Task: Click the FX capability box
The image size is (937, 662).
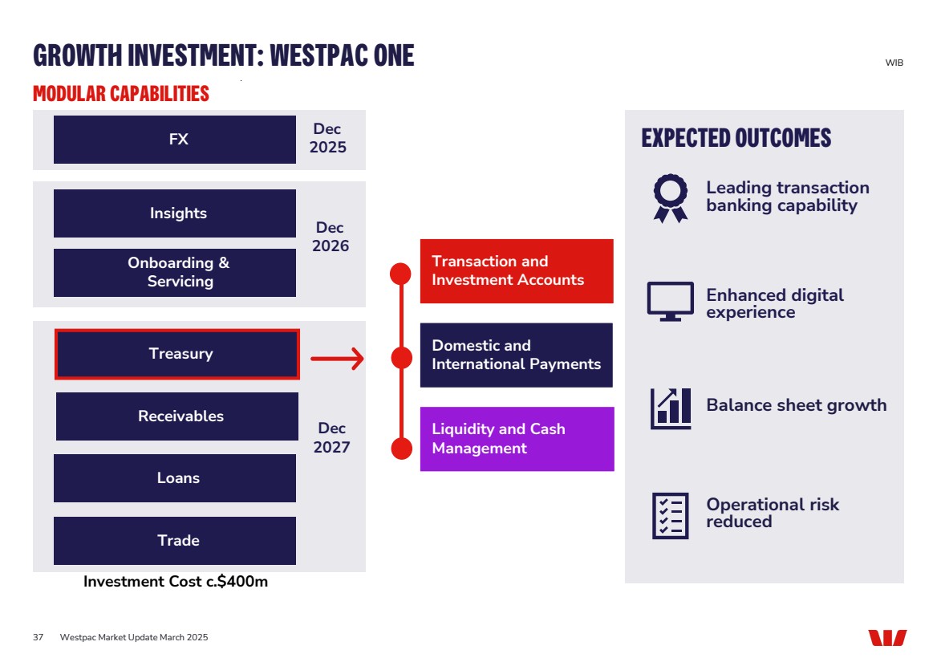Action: point(175,140)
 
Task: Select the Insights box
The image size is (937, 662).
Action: point(175,213)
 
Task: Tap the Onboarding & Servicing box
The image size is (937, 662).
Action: point(175,272)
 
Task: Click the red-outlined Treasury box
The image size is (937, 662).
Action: point(176,354)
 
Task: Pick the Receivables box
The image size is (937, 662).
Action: point(177,416)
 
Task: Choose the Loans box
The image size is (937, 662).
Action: point(175,478)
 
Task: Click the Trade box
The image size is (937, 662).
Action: point(175,541)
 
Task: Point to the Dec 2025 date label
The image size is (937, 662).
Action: point(328,138)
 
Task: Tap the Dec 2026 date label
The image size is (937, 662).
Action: point(331,237)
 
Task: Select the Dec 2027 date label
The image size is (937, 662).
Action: point(331,437)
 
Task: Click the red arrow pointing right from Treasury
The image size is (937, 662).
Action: point(338,359)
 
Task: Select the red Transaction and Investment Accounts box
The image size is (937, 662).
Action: point(517,271)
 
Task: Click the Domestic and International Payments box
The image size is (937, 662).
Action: point(517,355)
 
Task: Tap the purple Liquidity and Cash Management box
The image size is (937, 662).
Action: point(517,439)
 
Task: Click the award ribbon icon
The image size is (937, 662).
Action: point(671,197)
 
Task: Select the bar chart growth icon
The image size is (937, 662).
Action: point(671,408)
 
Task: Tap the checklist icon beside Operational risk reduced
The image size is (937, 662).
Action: point(671,515)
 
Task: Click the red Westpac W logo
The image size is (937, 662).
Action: point(887,638)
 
